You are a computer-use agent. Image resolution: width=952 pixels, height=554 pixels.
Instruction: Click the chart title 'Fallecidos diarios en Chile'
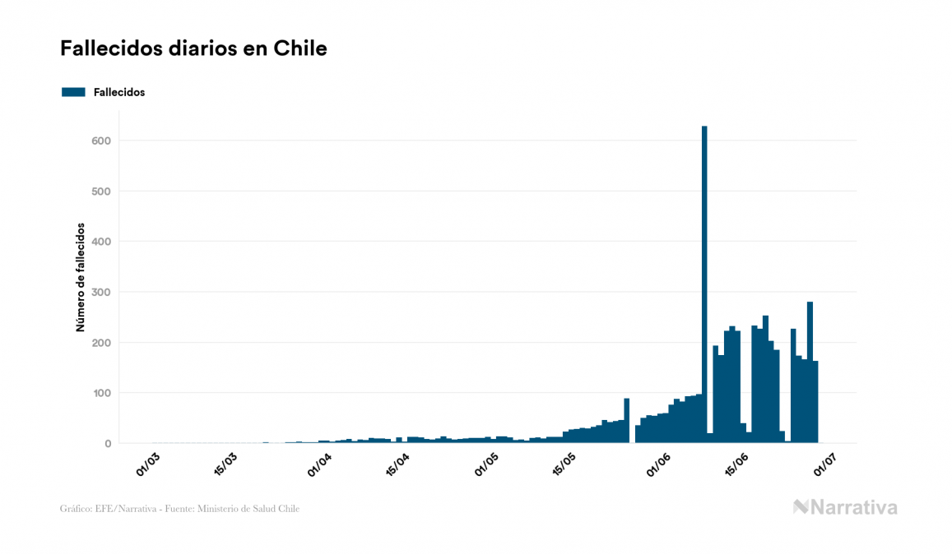193,48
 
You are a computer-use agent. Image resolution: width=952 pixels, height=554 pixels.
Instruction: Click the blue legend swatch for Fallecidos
73,92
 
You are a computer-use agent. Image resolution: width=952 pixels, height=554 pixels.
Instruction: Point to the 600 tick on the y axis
101,141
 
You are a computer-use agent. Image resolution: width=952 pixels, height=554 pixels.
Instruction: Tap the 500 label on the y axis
101,192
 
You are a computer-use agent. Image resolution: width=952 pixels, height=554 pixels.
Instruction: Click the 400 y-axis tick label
101,242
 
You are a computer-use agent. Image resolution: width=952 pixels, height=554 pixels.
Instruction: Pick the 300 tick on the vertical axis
101,292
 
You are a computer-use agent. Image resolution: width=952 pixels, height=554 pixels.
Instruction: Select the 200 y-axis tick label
101,343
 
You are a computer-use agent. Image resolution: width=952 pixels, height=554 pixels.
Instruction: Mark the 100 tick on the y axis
101,393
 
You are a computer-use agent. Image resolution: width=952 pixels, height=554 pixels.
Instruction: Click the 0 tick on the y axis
107,444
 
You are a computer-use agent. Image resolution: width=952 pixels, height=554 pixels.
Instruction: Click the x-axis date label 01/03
147,463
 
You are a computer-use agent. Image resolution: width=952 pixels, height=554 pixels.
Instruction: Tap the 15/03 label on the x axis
225,463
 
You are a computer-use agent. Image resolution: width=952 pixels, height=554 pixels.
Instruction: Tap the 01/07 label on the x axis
825,463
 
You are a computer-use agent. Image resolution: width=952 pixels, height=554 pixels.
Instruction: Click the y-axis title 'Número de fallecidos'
81,277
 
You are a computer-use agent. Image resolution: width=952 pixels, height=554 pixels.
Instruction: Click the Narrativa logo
845,507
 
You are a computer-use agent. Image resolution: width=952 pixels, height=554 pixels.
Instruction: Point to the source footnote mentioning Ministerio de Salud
179,509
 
